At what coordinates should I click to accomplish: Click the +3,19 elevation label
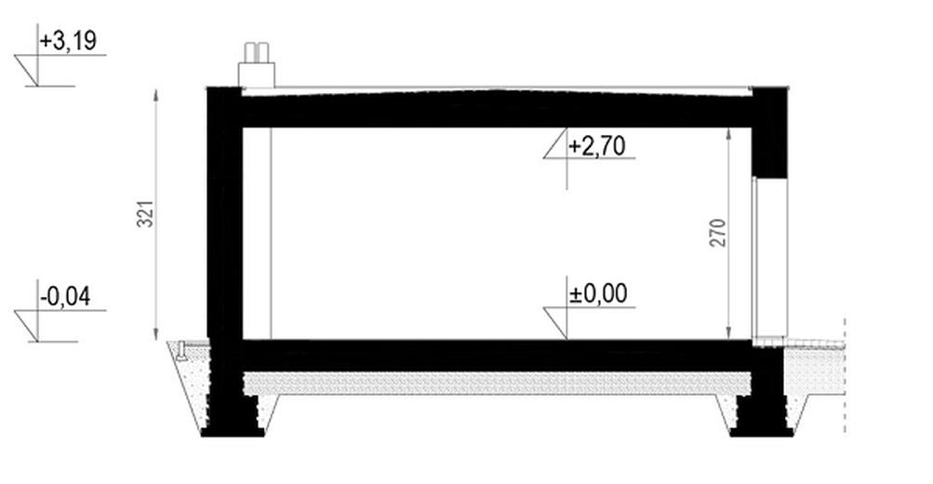pyautogui.click(x=68, y=41)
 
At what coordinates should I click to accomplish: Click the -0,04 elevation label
pyautogui.click(x=65, y=297)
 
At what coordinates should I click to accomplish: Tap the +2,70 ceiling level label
pyautogui.click(x=597, y=146)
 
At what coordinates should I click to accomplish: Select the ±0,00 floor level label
pyautogui.click(x=598, y=294)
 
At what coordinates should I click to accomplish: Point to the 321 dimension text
pyautogui.click(x=146, y=213)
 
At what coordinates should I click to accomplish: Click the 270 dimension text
pyautogui.click(x=718, y=233)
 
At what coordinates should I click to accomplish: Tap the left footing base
pyautogui.click(x=233, y=433)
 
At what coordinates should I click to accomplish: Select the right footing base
pyautogui.click(x=761, y=433)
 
